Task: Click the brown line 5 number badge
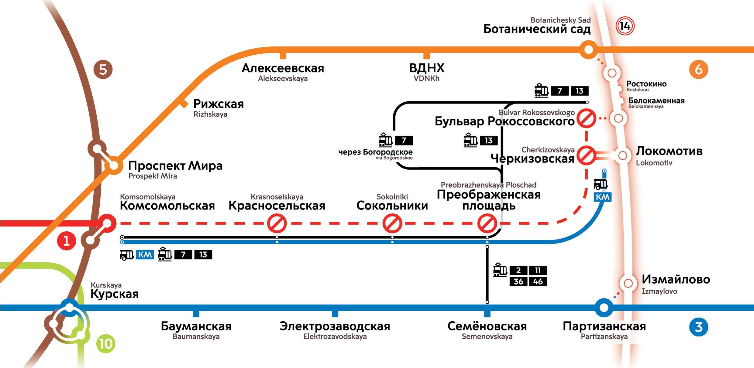[103, 70]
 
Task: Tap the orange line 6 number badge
[699, 70]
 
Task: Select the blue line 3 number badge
[699, 327]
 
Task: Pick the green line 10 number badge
[106, 344]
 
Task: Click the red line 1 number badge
[67, 241]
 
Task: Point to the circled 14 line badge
[625, 26]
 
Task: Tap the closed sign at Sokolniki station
[392, 223]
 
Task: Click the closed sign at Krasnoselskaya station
[277, 223]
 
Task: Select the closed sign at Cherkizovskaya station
[586, 155]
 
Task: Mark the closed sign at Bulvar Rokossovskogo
[586, 118]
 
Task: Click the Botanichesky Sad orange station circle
[588, 49]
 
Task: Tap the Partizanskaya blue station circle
[604, 308]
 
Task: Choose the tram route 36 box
[518, 282]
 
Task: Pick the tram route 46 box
[538, 282]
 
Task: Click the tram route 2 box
[518, 270]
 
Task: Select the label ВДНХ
[427, 68]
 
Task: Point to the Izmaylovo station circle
[628, 283]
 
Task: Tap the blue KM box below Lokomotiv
[603, 197]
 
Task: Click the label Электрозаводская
[335, 326]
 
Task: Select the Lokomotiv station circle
[623, 155]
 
